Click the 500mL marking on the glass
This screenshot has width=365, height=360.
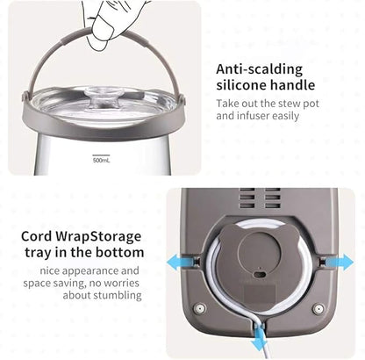pyautogui.click(x=101, y=160)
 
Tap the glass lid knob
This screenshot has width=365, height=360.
pyautogui.click(x=103, y=97)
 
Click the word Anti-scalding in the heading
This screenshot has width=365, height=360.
pyautogui.click(x=260, y=69)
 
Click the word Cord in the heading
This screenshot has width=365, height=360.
pyautogui.click(x=37, y=236)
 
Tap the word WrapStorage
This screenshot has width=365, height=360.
pyautogui.click(x=98, y=237)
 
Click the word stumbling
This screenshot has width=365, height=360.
pyautogui.click(x=117, y=295)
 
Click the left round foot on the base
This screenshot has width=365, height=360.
pyautogui.click(x=200, y=308)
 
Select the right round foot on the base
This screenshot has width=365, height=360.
pyautogui.click(x=318, y=308)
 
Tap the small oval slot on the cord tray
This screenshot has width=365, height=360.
pyautogui.click(x=259, y=275)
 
